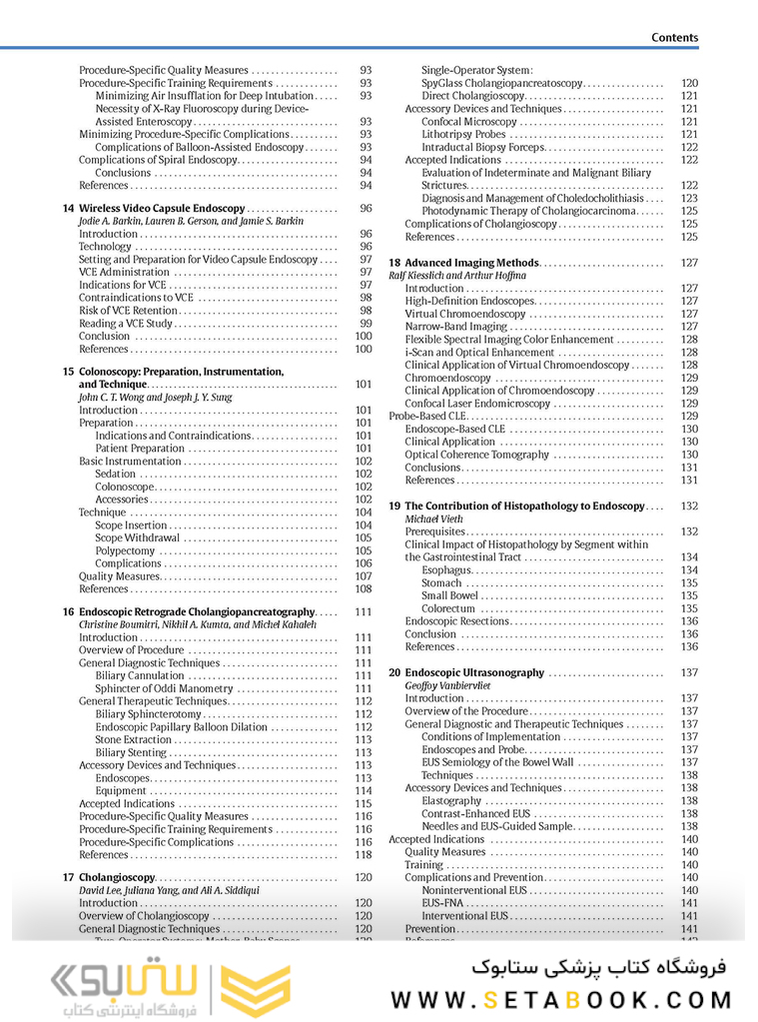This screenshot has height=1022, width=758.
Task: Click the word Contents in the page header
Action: pos(674,37)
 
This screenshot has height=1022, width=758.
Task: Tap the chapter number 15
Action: pos(68,372)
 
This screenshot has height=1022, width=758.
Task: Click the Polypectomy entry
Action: pos(125,550)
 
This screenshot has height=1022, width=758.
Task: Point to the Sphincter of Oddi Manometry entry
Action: pos(164,688)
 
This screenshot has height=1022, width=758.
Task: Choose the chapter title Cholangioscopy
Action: pos(117,877)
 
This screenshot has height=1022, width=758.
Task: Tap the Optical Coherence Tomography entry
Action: pos(476,455)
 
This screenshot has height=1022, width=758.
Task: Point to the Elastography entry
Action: pos(451,800)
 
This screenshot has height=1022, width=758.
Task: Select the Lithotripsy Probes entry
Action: pos(463,134)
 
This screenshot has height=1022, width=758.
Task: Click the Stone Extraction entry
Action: pos(134,740)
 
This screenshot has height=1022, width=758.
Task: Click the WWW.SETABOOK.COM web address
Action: pos(560,999)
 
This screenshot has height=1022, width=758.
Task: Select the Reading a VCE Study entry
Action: pos(126,324)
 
